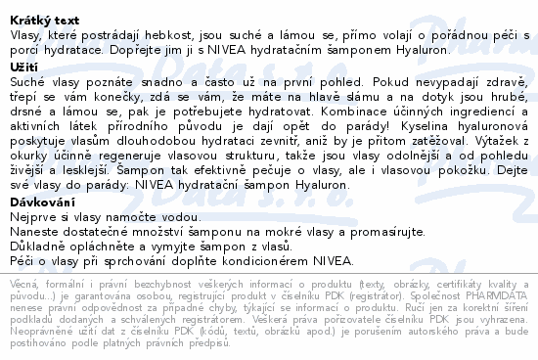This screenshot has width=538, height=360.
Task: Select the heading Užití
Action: [22, 65]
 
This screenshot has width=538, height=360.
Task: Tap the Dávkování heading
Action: [42, 202]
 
